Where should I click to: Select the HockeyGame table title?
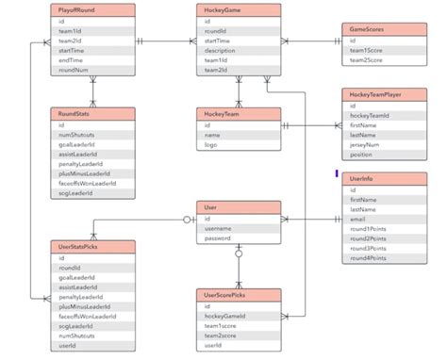coord(239,9)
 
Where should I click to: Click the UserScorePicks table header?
coord(239,296)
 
